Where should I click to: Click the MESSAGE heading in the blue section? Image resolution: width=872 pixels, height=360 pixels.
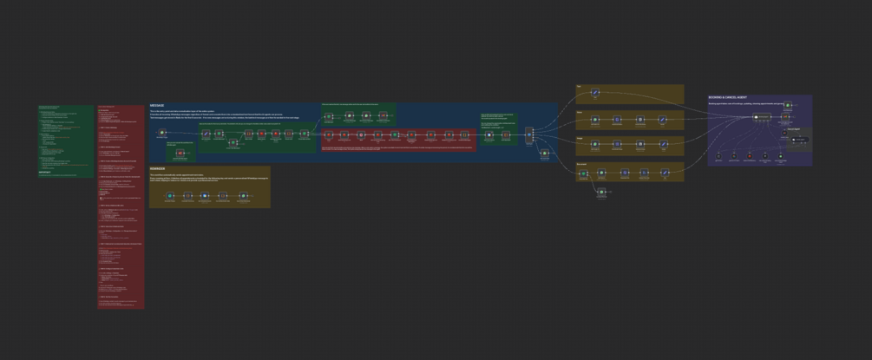pyautogui.click(x=157, y=106)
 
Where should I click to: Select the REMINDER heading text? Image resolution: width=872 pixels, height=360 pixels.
pyautogui.click(x=158, y=168)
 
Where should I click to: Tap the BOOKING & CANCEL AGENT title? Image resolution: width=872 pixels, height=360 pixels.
pyautogui.click(x=728, y=97)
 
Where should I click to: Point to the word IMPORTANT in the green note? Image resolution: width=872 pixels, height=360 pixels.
pyautogui.click(x=45, y=173)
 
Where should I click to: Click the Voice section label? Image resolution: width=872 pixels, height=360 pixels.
pyautogui.click(x=580, y=112)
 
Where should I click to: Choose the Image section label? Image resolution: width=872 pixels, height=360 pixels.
pyautogui.click(x=580, y=137)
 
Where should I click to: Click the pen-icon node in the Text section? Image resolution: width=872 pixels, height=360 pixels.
pyautogui.click(x=594, y=93)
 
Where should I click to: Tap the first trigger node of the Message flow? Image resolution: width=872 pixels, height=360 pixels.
pyautogui.click(x=162, y=133)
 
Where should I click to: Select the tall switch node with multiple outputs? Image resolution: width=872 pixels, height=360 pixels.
pyautogui.click(x=528, y=134)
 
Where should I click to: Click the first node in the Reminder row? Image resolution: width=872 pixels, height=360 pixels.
pyautogui.click(x=166, y=196)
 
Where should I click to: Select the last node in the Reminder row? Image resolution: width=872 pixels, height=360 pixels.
pyautogui.click(x=243, y=196)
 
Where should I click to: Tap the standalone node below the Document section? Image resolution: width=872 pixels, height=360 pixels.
pyautogui.click(x=601, y=192)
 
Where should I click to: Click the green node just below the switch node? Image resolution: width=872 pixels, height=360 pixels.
pyautogui.click(x=544, y=154)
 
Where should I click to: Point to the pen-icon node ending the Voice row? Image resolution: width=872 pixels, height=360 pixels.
pyautogui.click(x=662, y=120)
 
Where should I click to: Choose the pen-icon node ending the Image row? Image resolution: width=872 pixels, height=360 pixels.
pyautogui.click(x=662, y=145)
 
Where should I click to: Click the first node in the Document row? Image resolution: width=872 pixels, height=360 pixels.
pyautogui.click(x=584, y=173)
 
